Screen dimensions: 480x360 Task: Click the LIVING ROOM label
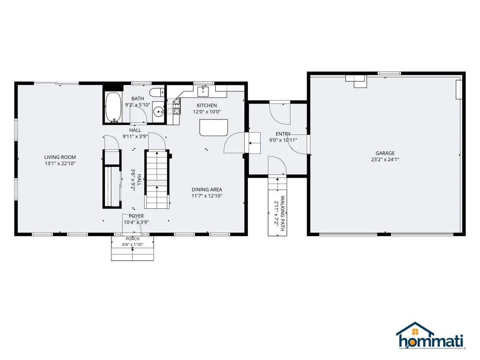point(60,157)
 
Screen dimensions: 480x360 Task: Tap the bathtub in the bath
point(113,107)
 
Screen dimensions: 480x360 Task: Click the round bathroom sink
point(159,112)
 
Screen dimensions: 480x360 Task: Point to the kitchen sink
point(203,90)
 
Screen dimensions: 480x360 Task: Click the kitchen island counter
point(214,127)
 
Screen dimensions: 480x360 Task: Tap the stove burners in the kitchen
point(174,106)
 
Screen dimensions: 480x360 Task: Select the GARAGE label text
point(385,153)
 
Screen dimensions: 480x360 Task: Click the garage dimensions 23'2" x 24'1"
point(385,159)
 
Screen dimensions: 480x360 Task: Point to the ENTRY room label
point(283,134)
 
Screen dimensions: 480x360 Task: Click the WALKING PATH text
point(282,213)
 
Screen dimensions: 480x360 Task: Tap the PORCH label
point(133,239)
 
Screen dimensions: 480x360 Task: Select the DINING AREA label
point(207,189)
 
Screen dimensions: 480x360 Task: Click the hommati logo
point(431,335)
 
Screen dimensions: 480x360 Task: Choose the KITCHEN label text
point(207,105)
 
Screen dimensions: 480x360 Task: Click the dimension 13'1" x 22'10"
point(60,163)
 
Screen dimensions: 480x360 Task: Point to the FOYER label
point(136,216)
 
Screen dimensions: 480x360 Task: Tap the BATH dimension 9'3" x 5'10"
point(138,105)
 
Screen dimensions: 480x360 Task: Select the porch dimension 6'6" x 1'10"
point(133,245)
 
